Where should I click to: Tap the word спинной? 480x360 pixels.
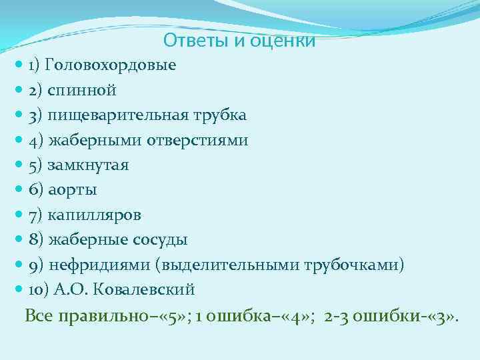coord(83,90)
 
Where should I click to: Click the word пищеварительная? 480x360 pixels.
coord(122,115)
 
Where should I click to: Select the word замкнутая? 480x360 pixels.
coord(88,165)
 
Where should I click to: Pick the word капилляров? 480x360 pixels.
coord(94,215)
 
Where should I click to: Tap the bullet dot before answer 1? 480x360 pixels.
coord(19,65)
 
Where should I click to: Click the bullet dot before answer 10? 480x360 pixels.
coord(19,290)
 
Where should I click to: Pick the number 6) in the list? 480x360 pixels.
coord(36,190)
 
